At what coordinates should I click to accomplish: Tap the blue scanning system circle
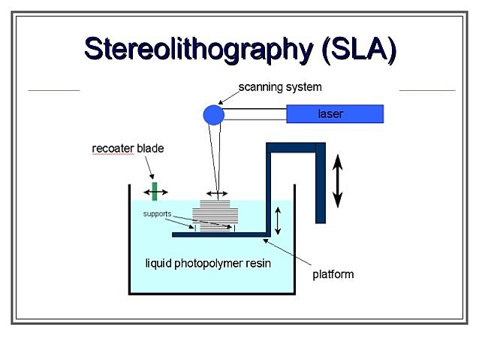(x=213, y=114)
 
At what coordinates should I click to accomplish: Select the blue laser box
(x=335, y=114)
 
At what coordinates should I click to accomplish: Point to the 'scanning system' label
(x=280, y=87)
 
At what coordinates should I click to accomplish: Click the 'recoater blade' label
(x=128, y=149)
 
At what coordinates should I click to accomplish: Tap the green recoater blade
(x=155, y=190)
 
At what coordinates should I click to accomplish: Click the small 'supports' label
(x=158, y=214)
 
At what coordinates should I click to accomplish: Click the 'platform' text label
(x=333, y=274)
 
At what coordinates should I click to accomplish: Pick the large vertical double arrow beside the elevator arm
(x=338, y=180)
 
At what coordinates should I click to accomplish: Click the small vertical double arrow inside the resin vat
(x=279, y=219)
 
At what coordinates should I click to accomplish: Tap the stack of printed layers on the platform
(x=215, y=214)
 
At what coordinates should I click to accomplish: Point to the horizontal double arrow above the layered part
(x=218, y=195)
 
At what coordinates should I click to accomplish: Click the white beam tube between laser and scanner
(x=255, y=114)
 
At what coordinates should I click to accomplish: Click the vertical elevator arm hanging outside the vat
(x=321, y=184)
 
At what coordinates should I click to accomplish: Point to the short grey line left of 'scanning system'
(x=53, y=90)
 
